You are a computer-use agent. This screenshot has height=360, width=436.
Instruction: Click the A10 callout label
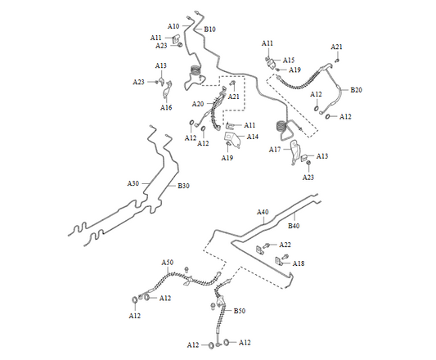173,26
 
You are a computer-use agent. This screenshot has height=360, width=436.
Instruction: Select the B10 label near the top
209,29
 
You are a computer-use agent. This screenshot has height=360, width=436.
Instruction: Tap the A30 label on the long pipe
133,183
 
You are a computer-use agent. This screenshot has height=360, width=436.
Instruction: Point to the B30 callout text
183,186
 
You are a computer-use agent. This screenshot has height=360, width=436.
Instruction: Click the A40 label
263,212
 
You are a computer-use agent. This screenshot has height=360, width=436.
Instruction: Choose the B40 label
294,226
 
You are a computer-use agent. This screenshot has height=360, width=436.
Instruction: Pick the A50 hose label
168,263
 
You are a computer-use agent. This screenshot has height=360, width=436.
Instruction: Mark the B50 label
240,311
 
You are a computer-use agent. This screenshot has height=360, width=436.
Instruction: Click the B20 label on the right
356,90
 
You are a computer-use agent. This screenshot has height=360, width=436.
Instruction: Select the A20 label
198,104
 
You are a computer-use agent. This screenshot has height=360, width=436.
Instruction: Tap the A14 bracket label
253,137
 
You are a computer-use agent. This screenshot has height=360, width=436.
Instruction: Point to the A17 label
275,150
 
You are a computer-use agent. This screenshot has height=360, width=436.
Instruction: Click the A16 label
166,107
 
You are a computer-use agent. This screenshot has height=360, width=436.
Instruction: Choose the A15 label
289,60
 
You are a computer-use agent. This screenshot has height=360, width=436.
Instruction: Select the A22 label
285,245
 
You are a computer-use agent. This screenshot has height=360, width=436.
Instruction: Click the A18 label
299,263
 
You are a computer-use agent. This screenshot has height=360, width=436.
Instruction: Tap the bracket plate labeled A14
233,139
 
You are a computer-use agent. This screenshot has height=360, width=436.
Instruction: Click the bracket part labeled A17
294,152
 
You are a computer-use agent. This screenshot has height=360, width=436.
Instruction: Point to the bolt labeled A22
267,245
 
